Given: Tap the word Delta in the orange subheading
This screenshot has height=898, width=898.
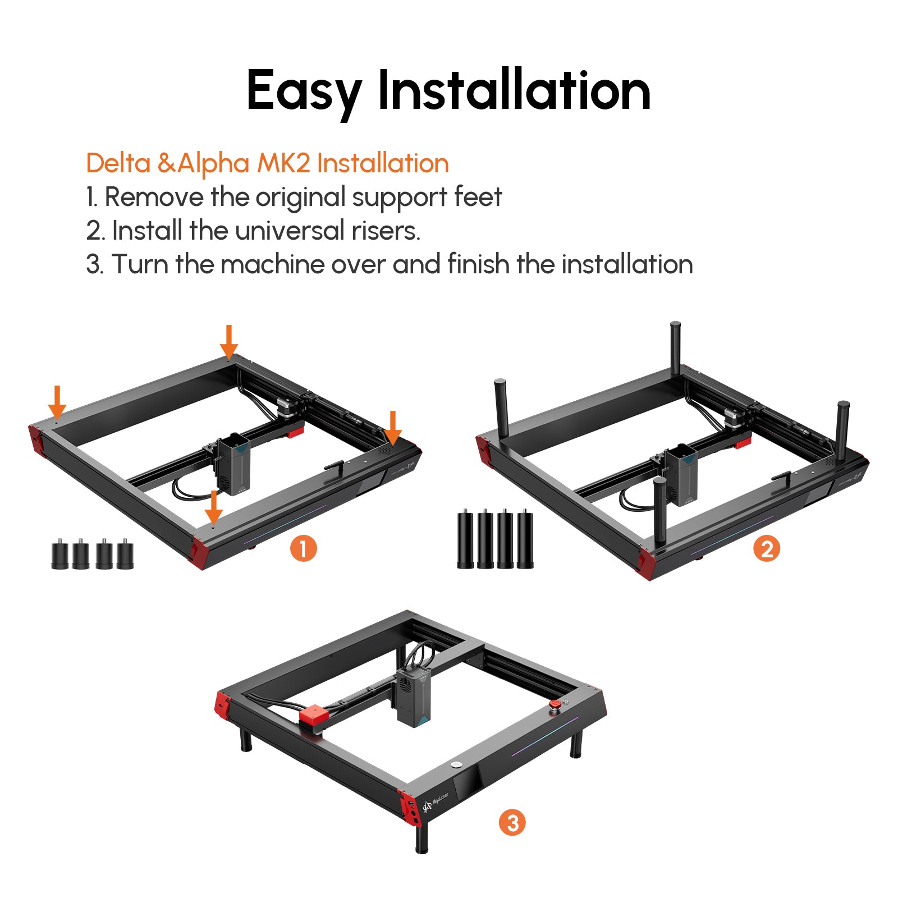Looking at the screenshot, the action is tap(118, 163).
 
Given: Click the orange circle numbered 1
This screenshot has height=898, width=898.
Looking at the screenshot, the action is tap(303, 548).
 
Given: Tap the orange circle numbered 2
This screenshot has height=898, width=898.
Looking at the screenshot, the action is tap(767, 548).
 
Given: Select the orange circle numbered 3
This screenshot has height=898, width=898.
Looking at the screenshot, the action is tap(512, 823).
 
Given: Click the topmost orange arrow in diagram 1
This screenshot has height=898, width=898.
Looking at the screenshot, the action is tap(228, 342).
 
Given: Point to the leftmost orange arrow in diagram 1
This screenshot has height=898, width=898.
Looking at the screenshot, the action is tap(57, 402).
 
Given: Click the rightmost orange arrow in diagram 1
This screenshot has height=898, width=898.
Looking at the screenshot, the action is tap(393, 428).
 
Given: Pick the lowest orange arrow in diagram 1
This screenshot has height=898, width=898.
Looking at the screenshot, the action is tap(213, 507).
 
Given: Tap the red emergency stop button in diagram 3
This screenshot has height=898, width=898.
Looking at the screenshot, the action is tap(555, 704).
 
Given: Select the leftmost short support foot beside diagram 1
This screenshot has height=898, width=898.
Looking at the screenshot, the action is tap(59, 555).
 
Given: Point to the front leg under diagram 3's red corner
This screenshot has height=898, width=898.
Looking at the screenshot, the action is tap(422, 836).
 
